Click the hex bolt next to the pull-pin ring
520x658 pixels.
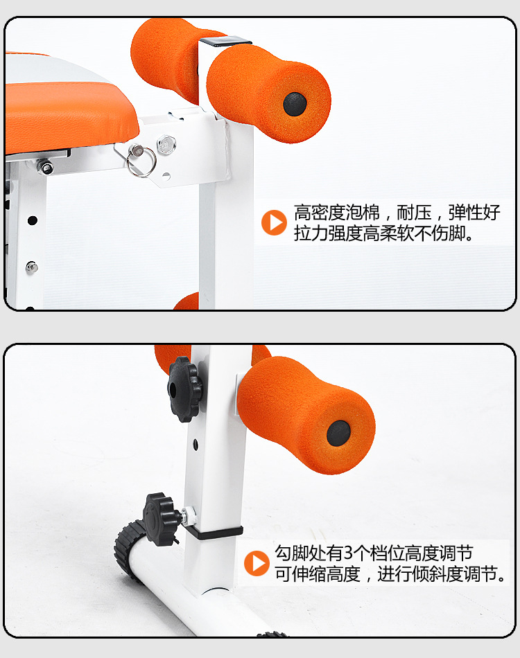pos(166,144)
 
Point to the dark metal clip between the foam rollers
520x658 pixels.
pos(225,42)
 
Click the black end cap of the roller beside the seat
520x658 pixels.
pos(295,104)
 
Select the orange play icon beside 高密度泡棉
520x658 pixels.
pos(274,222)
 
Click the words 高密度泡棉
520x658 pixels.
pos(337,213)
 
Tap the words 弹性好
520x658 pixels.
pos(474,213)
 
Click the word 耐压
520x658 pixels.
pos(414,213)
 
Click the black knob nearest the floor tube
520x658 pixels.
pos(162,519)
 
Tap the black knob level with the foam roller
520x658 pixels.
pos(184,389)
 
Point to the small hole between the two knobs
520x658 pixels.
pos(196,444)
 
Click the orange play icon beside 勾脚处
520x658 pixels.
pos(257,563)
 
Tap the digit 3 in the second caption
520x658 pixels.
pos(348,553)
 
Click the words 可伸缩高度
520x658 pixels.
pos(318,574)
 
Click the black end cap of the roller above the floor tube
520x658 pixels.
pos(338,433)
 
